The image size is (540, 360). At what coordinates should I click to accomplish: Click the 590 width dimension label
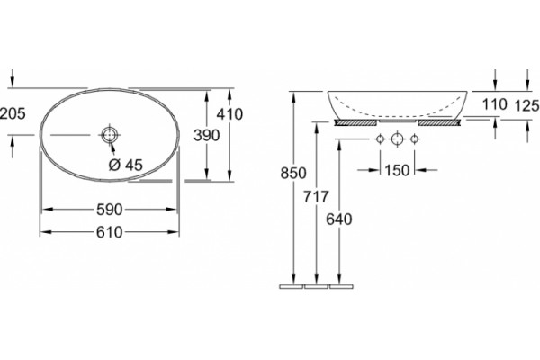click(x=110, y=210)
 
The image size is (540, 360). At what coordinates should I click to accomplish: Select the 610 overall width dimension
click(x=110, y=232)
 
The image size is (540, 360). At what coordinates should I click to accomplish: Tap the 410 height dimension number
click(x=229, y=114)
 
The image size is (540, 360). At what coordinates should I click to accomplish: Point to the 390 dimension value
click(x=207, y=135)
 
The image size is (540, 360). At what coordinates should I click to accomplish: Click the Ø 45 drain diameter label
click(x=125, y=166)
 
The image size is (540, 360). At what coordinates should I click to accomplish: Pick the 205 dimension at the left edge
click(x=13, y=113)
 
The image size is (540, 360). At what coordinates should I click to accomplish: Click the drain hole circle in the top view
click(x=110, y=135)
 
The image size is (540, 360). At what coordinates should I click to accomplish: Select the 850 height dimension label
click(x=293, y=173)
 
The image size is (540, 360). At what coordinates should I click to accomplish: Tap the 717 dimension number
click(x=316, y=197)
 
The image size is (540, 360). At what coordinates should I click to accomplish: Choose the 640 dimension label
click(x=339, y=220)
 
